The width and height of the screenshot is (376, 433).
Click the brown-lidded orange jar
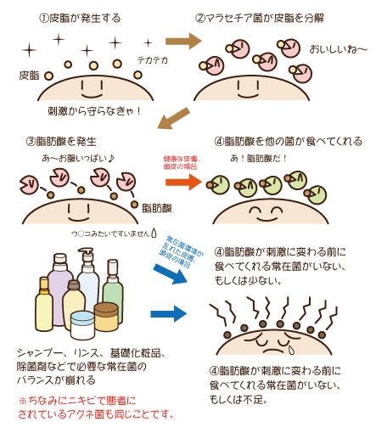click(x=106, y=318)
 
